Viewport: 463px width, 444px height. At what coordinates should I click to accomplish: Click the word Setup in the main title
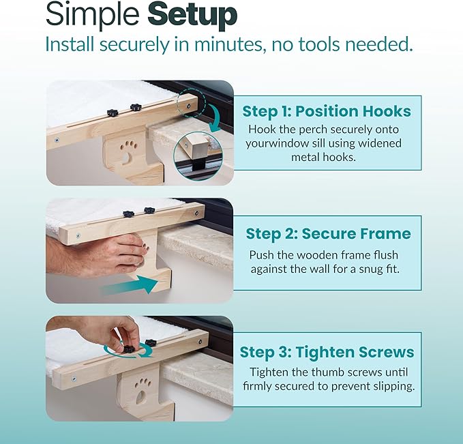coord(192,15)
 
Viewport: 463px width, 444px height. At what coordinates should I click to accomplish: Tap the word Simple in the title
coord(93,15)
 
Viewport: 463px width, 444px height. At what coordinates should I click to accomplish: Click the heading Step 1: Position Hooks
coord(327,111)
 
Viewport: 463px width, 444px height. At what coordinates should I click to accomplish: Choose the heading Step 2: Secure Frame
coord(329,234)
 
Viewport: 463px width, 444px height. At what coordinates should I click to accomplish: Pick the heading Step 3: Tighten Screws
coord(327,352)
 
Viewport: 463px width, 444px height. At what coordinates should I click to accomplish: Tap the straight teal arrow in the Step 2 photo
coord(130,285)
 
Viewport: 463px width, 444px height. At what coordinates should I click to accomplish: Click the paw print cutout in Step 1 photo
coord(128,151)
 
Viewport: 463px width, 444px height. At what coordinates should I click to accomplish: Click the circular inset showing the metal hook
coord(198,156)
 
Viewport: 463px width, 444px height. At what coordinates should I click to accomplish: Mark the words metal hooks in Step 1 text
coord(324,157)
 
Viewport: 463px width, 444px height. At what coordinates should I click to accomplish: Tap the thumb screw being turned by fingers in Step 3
coord(128,349)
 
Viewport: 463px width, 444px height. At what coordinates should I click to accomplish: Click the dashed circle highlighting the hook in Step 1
coord(192,102)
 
